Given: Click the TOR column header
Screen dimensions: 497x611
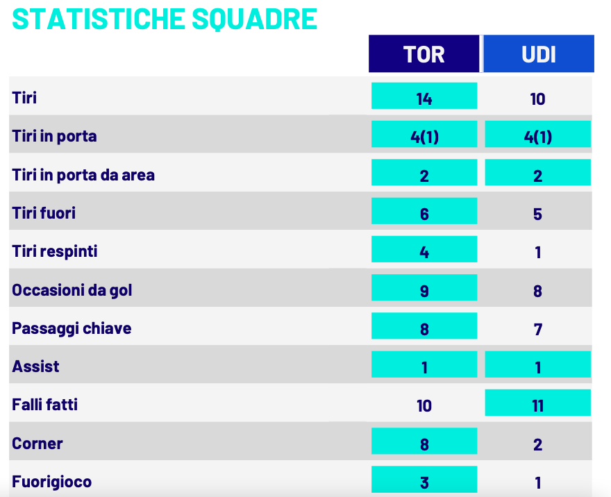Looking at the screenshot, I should click(424, 54).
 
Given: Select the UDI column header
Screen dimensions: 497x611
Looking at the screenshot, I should click(538, 54).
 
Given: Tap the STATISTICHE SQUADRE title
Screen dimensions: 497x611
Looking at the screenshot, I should click(165, 19).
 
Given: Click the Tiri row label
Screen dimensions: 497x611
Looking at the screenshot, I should click(24, 98).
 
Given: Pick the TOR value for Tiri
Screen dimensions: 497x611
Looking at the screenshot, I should click(424, 98).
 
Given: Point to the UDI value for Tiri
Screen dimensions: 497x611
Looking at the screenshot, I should click(537, 99).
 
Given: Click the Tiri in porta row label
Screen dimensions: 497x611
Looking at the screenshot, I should click(54, 136).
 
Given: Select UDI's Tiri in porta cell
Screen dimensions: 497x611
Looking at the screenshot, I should click(537, 136).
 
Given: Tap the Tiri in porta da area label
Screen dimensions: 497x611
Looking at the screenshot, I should click(83, 175).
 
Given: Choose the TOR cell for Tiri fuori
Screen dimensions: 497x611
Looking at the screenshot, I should click(424, 213).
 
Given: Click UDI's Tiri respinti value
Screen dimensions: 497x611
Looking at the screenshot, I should click(537, 252).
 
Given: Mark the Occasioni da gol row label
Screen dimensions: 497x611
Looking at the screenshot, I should click(72, 290).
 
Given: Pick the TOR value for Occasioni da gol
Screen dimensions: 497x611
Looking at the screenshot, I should click(424, 290).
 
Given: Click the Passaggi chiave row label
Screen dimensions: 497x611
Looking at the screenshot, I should click(72, 328).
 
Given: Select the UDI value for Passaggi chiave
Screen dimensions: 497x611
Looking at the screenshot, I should click(537, 329).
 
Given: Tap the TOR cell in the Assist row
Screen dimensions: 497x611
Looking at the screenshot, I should click(424, 367).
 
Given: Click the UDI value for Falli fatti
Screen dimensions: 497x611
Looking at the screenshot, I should click(537, 405).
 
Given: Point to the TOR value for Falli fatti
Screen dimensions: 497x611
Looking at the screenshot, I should click(424, 405).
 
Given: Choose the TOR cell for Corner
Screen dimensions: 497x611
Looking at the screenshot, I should click(424, 444).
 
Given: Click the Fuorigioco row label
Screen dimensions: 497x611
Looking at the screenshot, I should click(51, 482).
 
